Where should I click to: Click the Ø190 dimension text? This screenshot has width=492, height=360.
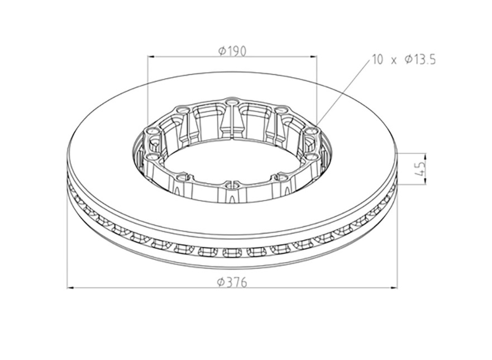(x=232, y=50)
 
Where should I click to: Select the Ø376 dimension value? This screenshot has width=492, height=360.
(x=232, y=282)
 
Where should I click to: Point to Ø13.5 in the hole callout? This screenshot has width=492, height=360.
(x=420, y=59)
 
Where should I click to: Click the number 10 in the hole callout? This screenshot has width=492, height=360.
(x=378, y=59)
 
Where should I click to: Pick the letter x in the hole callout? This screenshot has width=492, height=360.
(x=394, y=60)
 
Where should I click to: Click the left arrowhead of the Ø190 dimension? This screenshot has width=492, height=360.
(x=151, y=57)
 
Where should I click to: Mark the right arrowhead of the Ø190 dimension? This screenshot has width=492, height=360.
(x=313, y=57)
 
